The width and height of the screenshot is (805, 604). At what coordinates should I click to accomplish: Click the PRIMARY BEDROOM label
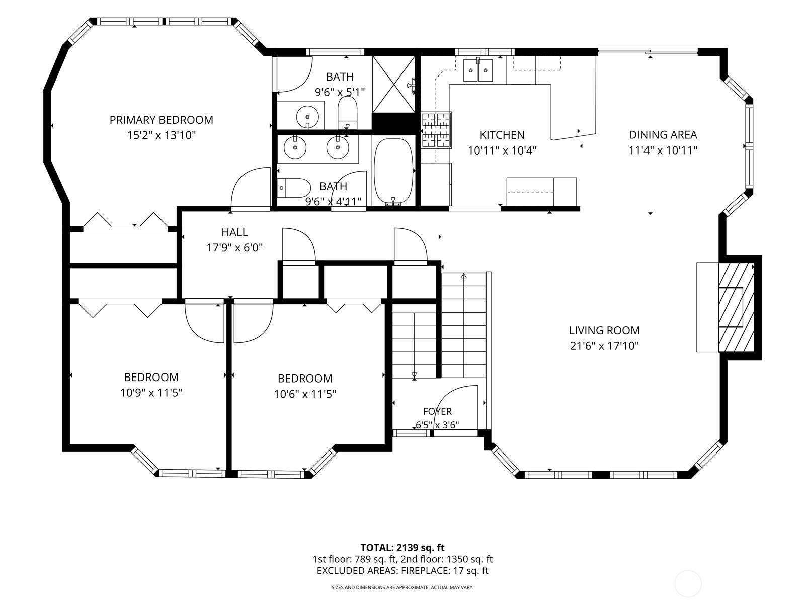[x=161, y=120]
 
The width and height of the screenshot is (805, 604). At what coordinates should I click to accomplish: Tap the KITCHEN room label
[x=502, y=135]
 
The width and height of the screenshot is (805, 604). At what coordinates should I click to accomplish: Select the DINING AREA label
[x=663, y=135]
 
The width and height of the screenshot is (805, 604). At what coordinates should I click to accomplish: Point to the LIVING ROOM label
[x=604, y=330]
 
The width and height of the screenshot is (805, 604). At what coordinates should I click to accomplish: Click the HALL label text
[x=234, y=232]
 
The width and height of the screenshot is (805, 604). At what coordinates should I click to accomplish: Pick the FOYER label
[x=437, y=411]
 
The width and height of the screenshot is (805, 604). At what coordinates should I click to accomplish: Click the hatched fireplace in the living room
[x=736, y=308]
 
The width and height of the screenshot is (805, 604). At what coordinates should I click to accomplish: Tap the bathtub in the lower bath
[x=393, y=171]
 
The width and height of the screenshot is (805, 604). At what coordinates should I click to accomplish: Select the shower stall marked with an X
[x=393, y=85]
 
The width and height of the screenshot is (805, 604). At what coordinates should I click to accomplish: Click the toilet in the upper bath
[x=347, y=112]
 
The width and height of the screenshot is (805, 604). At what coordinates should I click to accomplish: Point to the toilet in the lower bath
[x=294, y=188]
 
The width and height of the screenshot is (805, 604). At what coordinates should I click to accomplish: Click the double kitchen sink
[x=478, y=70]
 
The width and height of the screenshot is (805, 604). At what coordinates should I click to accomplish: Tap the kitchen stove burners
[x=436, y=130]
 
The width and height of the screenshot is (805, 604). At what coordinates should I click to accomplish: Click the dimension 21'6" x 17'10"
[x=604, y=346]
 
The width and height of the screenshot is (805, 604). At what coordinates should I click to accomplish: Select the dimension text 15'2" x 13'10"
[x=161, y=135]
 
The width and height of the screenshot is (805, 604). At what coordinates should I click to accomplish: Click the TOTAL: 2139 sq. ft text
[x=403, y=548]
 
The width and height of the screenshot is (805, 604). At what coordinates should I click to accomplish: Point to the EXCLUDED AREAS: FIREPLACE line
[x=403, y=571]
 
